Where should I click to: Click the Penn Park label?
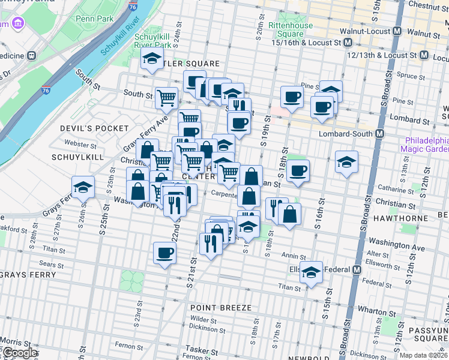(95, 19)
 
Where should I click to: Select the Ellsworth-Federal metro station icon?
(357, 269)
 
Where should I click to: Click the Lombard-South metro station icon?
(379, 134)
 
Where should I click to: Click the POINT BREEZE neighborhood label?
(221, 308)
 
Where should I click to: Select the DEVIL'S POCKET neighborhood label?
(94, 128)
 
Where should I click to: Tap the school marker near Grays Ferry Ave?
(83, 187)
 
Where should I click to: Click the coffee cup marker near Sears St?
(164, 253)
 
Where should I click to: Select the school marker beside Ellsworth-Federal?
(311, 272)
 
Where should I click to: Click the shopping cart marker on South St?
(166, 98)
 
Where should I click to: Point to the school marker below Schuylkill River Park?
(152, 59)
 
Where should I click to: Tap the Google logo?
(19, 353)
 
